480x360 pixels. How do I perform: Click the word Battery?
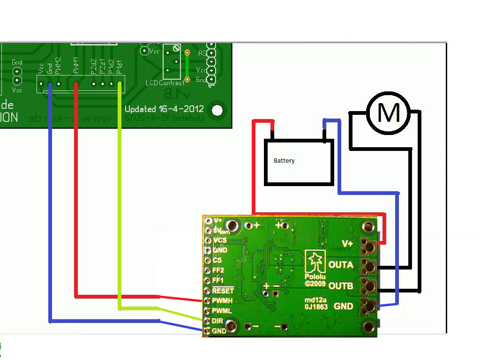click(284, 161)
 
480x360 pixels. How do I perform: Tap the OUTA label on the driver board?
click(341, 265)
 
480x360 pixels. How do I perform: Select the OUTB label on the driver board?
click(341, 285)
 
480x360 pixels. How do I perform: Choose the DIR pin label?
click(218, 321)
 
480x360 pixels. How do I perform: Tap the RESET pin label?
click(223, 291)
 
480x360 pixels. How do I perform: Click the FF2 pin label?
click(218, 270)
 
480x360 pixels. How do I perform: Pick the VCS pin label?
click(219, 240)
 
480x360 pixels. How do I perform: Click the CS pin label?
click(217, 260)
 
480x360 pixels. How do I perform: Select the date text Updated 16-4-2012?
click(164, 109)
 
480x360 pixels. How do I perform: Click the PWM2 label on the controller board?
click(58, 66)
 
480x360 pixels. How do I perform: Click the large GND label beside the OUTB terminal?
click(343, 306)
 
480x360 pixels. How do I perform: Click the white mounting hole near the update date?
click(217, 110)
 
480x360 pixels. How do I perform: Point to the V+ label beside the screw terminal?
click(347, 244)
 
